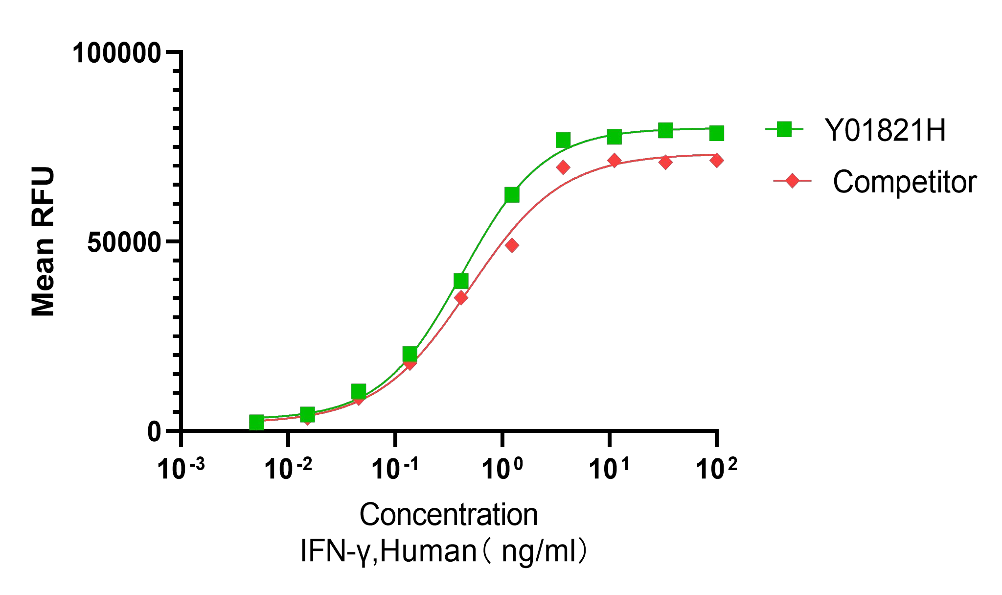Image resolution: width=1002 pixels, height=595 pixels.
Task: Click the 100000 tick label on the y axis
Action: pyautogui.click(x=116, y=53)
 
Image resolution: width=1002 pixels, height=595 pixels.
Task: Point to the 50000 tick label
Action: pyautogui.click(x=124, y=243)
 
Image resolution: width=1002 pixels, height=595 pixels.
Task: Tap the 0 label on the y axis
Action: pyautogui.click(x=155, y=432)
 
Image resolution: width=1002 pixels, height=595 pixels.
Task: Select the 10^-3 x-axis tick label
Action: pyautogui.click(x=181, y=469)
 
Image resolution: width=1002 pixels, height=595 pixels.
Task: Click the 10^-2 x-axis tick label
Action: pyautogui.click(x=288, y=469)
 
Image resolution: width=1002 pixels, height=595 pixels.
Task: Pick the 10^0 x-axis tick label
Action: pyautogui.click(x=502, y=469)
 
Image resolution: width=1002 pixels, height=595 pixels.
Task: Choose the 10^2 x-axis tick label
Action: pyautogui.click(x=716, y=469)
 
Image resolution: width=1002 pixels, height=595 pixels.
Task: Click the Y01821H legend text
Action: pyautogui.click(x=885, y=131)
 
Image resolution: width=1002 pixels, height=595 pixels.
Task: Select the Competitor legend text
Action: pyautogui.click(x=904, y=182)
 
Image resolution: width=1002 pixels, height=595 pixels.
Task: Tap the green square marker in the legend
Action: pyautogui.click(x=784, y=129)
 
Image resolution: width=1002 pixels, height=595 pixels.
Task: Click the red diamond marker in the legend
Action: pyautogui.click(x=792, y=181)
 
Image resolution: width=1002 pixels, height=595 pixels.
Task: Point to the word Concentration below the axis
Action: pyautogui.click(x=448, y=515)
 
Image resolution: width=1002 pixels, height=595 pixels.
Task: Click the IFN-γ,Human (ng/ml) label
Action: pyautogui.click(x=443, y=551)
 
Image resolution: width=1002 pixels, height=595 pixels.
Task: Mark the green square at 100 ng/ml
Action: pyautogui.click(x=716, y=133)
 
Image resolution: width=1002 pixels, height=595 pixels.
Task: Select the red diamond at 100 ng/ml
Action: pyautogui.click(x=716, y=160)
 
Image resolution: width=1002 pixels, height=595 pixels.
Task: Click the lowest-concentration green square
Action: pyautogui.click(x=256, y=422)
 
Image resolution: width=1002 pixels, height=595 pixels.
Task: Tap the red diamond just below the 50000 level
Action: pyautogui.click(x=512, y=245)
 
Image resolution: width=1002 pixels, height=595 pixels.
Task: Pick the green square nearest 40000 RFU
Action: pyautogui.click(x=461, y=281)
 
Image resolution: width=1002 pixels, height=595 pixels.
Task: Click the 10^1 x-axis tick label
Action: pyautogui.click(x=609, y=469)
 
